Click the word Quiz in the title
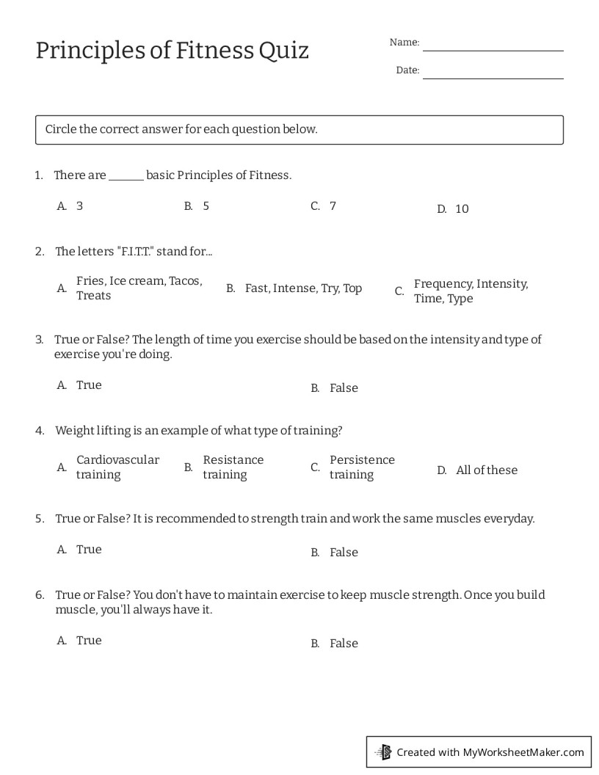[x=283, y=51]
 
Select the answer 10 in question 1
[x=462, y=209]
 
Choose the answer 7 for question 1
[x=333, y=206]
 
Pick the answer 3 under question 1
[x=79, y=206]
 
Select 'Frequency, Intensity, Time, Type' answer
[x=471, y=291]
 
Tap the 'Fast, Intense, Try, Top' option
[x=303, y=288]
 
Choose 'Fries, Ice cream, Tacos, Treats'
[x=139, y=288]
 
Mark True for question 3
[x=89, y=385]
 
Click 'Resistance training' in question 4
[x=233, y=467]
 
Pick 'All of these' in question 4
[x=487, y=470]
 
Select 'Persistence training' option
[x=362, y=467]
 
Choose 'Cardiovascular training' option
[x=117, y=467]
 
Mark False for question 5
[x=344, y=553]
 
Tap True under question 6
[x=89, y=641]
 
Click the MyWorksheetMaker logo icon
[x=383, y=752]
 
